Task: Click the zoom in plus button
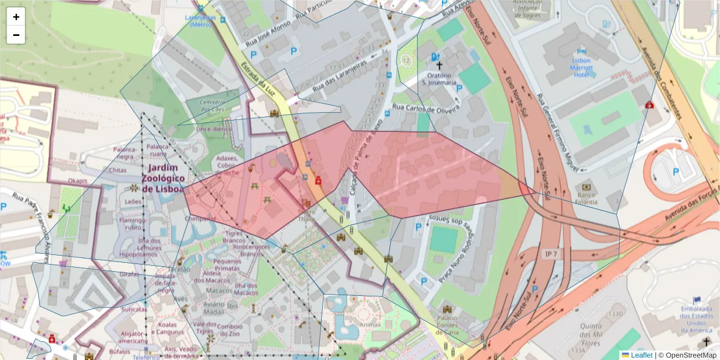(x=16, y=17)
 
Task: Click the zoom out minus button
(x=16, y=35)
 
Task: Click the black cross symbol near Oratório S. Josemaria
(x=439, y=65)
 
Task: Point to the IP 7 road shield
(x=551, y=254)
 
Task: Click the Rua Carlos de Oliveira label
(x=425, y=109)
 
